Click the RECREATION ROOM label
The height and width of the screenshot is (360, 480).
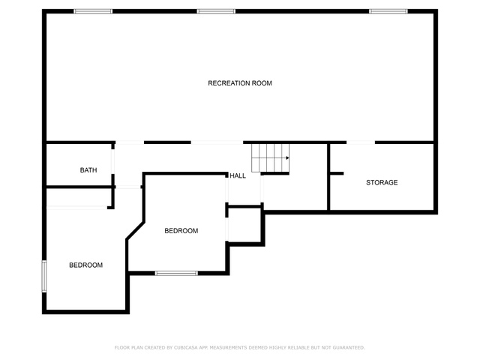[x=240, y=83]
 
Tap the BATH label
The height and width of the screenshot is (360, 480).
[x=88, y=170]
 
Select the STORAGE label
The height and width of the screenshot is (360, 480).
[x=382, y=183]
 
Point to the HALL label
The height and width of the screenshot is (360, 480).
[x=238, y=175]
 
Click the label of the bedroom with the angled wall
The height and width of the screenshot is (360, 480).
[x=181, y=231]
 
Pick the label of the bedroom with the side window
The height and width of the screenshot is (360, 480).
[x=85, y=265]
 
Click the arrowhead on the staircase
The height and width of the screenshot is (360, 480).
[x=287, y=158]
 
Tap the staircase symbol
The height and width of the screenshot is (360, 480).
[x=270, y=158]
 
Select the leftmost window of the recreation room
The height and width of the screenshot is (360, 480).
[x=93, y=11]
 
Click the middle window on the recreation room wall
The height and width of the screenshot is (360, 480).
[x=216, y=11]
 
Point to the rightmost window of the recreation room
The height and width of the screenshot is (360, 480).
[x=388, y=11]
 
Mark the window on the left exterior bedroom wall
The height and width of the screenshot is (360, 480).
[x=44, y=276]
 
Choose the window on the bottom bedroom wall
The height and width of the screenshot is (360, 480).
[x=176, y=273]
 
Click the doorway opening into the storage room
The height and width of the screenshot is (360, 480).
[x=361, y=142]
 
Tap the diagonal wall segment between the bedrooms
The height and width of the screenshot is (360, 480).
[x=135, y=231]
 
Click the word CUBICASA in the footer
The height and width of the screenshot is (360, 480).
[x=186, y=347]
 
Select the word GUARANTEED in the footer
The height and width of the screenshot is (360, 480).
[x=349, y=347]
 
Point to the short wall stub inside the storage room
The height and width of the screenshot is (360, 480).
[x=337, y=173]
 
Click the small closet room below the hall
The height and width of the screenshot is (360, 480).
[x=244, y=225]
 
